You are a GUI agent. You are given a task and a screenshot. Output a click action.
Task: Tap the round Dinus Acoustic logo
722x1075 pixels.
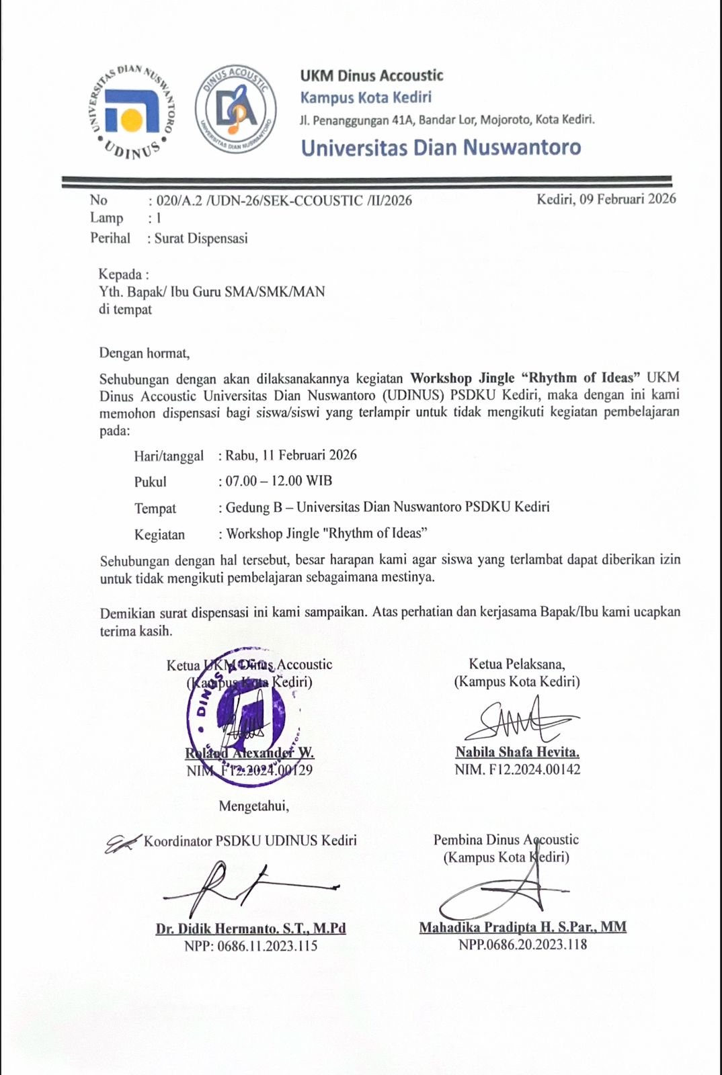(x=235, y=110)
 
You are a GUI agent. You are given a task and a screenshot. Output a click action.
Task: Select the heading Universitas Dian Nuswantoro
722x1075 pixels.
(x=441, y=148)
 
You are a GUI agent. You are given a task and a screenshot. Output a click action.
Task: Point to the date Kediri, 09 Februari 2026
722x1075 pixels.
(x=606, y=199)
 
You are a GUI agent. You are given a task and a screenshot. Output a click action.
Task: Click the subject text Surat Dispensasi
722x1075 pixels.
(x=201, y=239)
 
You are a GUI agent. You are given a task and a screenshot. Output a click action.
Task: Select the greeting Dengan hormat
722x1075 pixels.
(x=145, y=353)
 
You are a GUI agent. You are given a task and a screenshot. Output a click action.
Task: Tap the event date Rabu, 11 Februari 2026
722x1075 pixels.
(x=291, y=455)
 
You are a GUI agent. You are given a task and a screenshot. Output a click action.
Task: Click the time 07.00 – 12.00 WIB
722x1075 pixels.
(x=278, y=481)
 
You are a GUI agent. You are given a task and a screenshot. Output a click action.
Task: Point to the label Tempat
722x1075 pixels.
(x=155, y=509)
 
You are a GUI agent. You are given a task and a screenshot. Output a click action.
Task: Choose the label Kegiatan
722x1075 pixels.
(x=159, y=535)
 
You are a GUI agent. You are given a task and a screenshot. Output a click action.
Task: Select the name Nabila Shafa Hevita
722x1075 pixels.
(x=517, y=752)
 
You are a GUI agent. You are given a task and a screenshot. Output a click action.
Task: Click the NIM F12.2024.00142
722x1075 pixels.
(x=518, y=770)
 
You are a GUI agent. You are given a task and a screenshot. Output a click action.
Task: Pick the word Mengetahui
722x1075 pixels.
(x=254, y=806)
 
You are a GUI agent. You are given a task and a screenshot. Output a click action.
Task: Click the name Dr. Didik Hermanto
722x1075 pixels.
(x=251, y=929)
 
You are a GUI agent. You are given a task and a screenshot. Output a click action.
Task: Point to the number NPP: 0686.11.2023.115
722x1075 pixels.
(x=251, y=946)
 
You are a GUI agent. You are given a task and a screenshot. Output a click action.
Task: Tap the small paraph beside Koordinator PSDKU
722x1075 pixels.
(x=122, y=843)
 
